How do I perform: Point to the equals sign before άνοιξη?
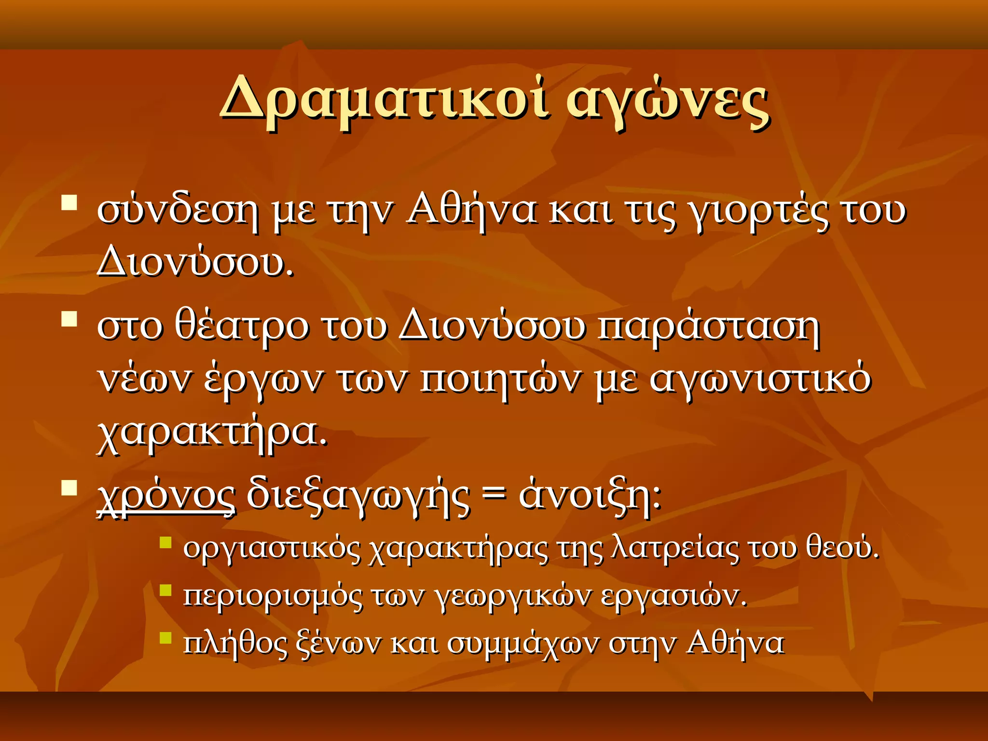point(494,495)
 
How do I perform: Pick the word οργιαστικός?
point(272,549)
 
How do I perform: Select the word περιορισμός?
point(273,597)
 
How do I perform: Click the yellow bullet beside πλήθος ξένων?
point(165,638)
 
